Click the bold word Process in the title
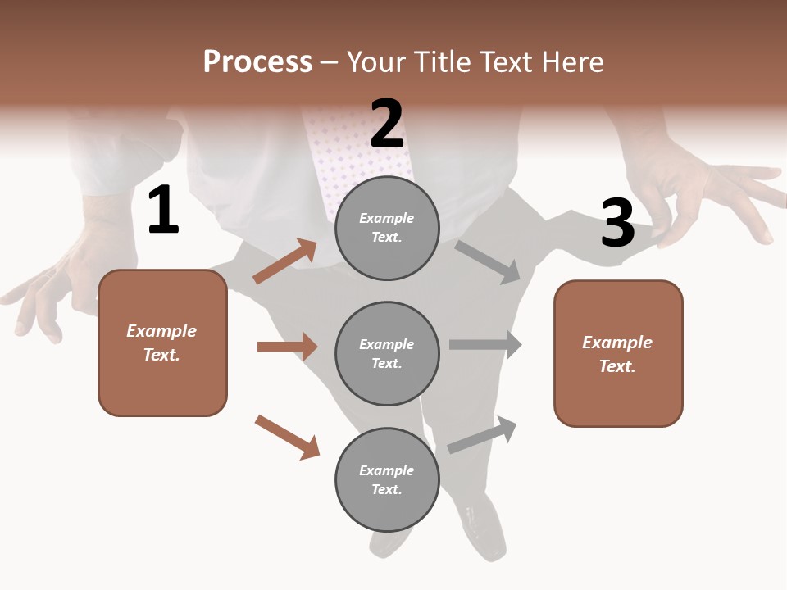point(257,62)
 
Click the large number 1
point(163,210)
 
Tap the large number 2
point(387,123)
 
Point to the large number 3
point(618,223)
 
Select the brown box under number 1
point(162,343)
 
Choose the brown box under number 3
point(618,354)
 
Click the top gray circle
point(387,227)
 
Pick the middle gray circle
point(387,353)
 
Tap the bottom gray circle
point(387,479)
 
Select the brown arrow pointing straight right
point(287,347)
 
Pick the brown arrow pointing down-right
point(287,436)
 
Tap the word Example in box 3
point(617,343)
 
